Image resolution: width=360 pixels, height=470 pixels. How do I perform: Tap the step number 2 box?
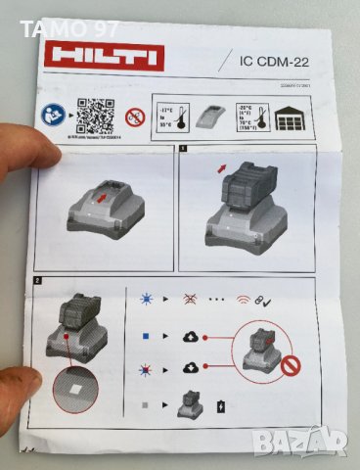click(x=38, y=281)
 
